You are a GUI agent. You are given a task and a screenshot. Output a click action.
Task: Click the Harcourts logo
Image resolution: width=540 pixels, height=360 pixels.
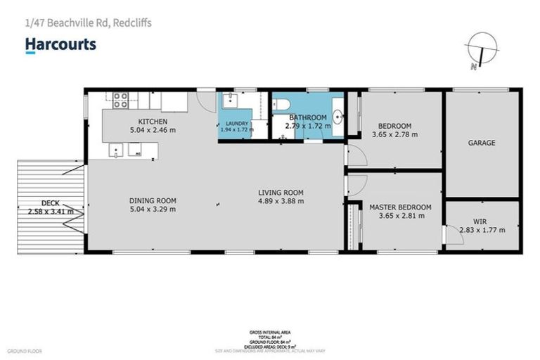click(60, 45)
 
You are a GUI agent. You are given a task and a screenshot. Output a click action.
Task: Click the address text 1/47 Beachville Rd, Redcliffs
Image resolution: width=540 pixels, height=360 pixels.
click(88, 23)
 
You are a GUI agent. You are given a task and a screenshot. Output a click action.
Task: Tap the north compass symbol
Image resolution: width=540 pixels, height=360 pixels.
click(481, 51)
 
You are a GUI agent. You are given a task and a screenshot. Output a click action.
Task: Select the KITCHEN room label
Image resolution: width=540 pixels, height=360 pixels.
click(153, 122)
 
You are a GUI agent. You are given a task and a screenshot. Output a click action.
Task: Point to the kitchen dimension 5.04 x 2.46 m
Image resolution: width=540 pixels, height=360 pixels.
click(153, 130)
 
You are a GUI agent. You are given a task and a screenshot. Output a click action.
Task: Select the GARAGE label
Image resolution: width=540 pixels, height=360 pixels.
click(482, 143)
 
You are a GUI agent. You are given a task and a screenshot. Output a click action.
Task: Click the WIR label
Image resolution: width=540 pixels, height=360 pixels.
click(480, 221)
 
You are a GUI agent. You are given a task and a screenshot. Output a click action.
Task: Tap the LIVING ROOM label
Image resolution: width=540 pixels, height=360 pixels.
click(281, 193)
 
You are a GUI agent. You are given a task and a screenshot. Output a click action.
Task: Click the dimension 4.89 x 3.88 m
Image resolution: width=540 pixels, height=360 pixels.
click(281, 201)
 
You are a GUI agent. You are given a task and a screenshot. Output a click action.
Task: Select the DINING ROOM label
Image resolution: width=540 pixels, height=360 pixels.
click(152, 200)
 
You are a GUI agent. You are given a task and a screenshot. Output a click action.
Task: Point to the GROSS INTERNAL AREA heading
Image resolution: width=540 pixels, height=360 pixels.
click(270, 332)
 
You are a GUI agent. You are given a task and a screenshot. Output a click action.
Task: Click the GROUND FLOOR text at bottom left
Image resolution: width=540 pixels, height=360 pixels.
click(26, 350)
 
